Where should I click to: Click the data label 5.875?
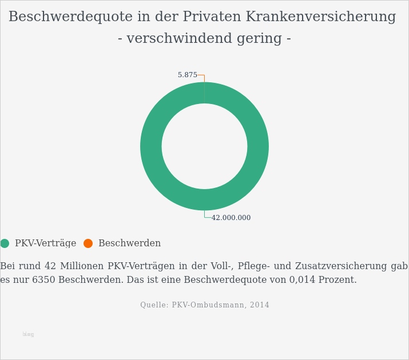click(x=187, y=75)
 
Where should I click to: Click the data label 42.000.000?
click(x=231, y=218)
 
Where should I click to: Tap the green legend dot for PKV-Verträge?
click(x=5, y=243)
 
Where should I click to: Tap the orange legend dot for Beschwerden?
click(x=88, y=243)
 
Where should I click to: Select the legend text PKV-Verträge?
click(x=45, y=243)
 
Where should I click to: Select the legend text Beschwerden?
click(x=129, y=243)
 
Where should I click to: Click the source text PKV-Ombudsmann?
click(x=209, y=305)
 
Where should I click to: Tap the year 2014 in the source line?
click(x=259, y=305)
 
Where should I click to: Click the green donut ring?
click(x=151, y=146)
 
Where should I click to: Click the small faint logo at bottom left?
click(x=28, y=334)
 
